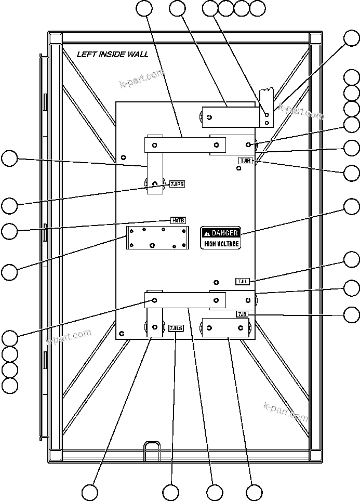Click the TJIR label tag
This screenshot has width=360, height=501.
245,161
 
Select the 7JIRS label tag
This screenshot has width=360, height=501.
177,183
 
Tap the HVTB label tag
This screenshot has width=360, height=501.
178,220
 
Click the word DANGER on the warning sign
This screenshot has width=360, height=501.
224,233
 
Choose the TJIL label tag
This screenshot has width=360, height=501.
243,281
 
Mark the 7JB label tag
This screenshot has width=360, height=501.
242,314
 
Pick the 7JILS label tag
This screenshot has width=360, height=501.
176,328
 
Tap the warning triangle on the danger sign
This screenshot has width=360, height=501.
207,233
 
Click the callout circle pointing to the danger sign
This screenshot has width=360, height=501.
352,207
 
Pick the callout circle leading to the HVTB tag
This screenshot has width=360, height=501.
9,231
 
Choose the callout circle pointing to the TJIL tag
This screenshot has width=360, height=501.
352,259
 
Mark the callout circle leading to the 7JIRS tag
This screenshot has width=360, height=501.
9,205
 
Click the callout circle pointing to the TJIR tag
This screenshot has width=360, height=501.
352,173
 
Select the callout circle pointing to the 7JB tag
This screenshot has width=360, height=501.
352,314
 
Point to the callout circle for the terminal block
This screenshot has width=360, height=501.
9,272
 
